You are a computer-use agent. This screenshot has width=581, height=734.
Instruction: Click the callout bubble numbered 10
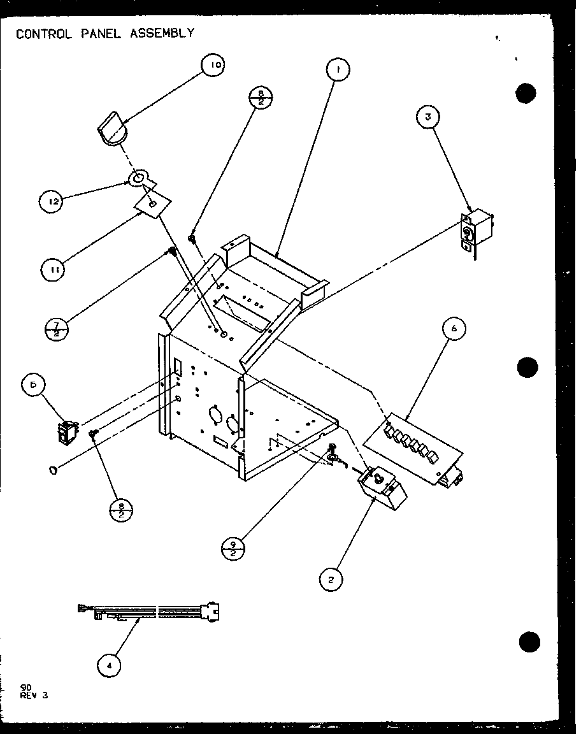(214, 66)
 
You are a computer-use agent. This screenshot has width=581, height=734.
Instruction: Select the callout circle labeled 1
(338, 69)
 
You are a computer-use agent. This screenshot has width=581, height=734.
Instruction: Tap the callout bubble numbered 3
(429, 117)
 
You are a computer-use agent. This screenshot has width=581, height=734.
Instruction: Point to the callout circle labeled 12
(52, 202)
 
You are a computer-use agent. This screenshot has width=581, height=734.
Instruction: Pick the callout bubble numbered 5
(33, 386)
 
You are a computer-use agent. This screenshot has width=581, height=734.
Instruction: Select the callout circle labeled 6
(453, 329)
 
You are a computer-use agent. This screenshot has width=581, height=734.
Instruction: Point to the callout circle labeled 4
(110, 666)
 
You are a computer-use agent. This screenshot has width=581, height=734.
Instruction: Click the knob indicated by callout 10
(113, 130)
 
